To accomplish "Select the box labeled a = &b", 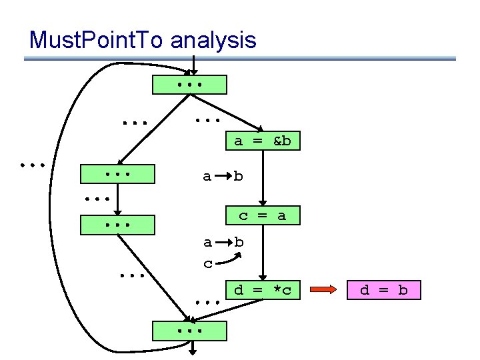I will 262,141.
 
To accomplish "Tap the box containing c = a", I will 262,215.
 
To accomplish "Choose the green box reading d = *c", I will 263,290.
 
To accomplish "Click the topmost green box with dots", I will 190,85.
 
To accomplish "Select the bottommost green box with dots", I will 190,331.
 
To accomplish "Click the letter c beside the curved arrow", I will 208,263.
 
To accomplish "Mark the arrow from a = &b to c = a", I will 263,178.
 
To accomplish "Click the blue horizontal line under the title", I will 240,59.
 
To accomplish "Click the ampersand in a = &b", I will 276,141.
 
